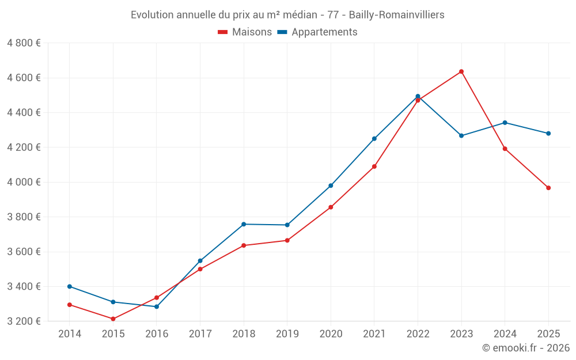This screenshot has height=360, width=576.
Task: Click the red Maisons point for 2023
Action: tap(461, 71)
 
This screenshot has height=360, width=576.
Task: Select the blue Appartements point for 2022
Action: tap(418, 96)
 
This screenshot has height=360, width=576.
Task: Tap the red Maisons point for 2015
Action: tap(113, 319)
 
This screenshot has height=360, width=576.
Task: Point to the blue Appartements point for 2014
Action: tap(70, 286)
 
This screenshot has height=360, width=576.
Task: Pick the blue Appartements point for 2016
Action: tap(157, 306)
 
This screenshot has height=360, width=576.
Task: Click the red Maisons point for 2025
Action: tap(548, 188)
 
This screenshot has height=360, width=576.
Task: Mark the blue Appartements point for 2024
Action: tap(505, 122)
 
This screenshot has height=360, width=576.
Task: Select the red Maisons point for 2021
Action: tap(374, 166)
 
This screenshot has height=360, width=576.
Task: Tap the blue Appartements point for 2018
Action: tap(244, 224)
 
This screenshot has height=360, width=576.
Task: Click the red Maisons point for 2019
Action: tap(287, 240)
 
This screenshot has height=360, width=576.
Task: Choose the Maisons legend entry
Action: tap(245, 32)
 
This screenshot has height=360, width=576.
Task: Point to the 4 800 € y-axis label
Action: tap(24, 43)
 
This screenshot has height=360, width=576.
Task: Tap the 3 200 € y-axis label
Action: tap(24, 321)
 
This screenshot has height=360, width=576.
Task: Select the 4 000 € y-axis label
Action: tap(24, 182)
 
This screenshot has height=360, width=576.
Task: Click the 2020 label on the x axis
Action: tap(331, 334)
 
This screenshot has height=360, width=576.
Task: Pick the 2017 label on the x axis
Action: tap(200, 334)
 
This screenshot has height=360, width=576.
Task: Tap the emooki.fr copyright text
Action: tap(526, 348)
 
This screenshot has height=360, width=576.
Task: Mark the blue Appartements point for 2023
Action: tap(461, 135)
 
